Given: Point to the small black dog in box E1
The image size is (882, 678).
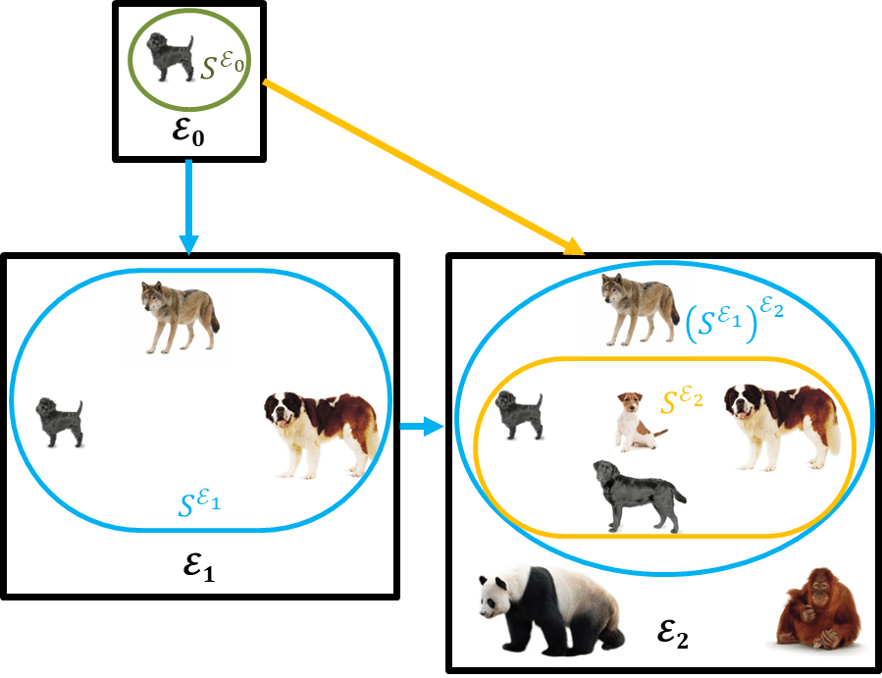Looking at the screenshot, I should coord(59,422).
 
